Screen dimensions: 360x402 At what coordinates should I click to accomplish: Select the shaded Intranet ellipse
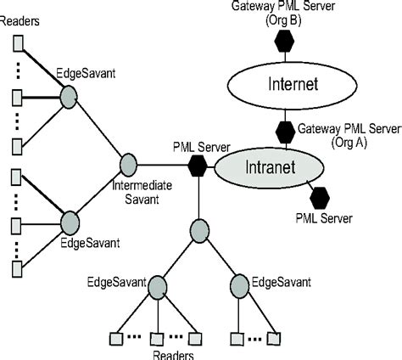270,166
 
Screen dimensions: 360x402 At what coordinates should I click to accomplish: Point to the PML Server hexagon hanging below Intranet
320,198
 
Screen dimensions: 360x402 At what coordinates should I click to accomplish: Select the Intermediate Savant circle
129,161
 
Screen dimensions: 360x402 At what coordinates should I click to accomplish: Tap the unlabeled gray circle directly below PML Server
198,228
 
